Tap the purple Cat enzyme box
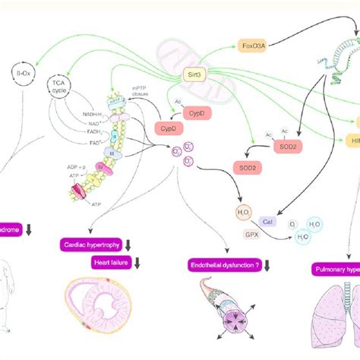(267, 222)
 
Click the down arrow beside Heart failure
(139, 262)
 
